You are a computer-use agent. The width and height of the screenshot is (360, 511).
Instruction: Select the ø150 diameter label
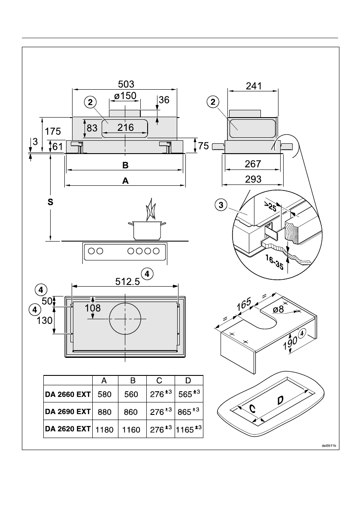[125, 96]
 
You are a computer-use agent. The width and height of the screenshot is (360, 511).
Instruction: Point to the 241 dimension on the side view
[254, 86]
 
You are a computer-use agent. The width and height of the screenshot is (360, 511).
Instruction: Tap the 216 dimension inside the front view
[125, 127]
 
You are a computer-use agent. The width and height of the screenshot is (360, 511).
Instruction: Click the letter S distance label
[50, 203]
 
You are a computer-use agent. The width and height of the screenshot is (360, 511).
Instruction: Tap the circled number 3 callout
[221, 205]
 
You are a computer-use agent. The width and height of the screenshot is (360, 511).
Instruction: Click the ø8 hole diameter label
[279, 309]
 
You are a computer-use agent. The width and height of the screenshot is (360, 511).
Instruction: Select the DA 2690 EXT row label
[68, 411]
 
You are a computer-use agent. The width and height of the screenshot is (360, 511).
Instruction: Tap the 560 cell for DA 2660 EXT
[131, 394]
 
